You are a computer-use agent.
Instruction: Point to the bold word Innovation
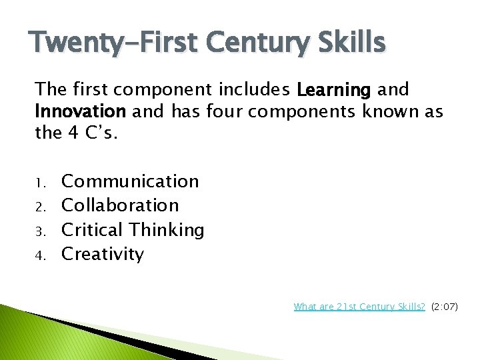pos(81,111)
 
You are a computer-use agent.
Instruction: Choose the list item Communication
pos(130,181)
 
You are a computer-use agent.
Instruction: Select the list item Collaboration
pos(120,205)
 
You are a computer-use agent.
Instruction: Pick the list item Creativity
pos(103,254)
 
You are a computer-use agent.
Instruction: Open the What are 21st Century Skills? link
pos(359,307)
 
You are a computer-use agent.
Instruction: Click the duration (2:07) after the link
pos(445,307)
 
